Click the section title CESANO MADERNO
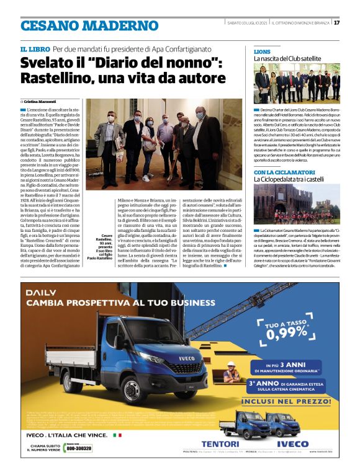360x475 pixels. [x=89, y=25]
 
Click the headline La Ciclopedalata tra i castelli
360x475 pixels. [x=292, y=179]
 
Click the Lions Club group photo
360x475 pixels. [x=297, y=84]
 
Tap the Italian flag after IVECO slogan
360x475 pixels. [x=117, y=435]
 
